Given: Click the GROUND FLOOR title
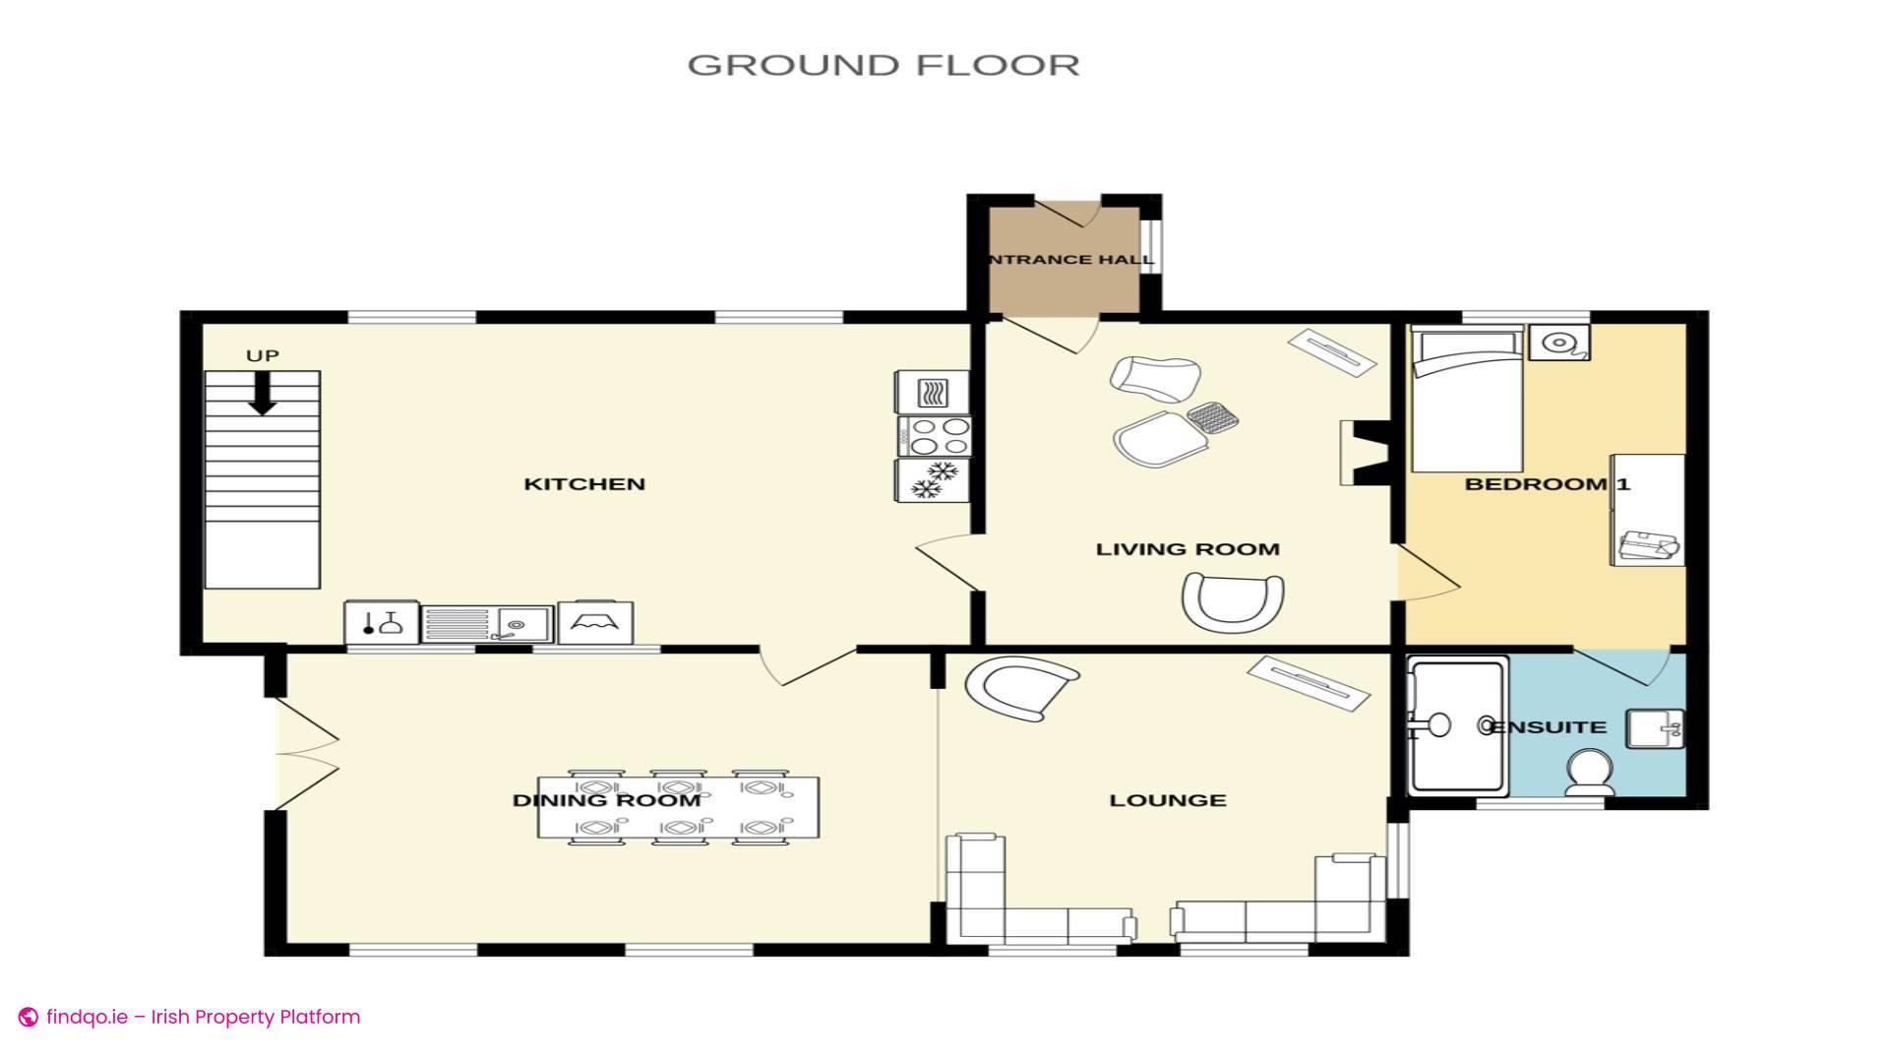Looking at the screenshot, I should click(883, 65).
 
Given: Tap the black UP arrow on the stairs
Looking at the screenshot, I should click(262, 393).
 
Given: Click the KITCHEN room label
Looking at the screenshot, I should click(584, 483).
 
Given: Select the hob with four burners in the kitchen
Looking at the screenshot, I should click(934, 436).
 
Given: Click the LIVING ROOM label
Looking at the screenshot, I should click(1188, 549).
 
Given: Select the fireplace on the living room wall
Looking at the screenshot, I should click(1366, 453).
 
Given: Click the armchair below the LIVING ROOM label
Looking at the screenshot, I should click(1233, 600).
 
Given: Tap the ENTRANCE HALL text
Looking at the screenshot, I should click(1070, 260).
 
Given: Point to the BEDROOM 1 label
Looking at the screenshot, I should click(1547, 483).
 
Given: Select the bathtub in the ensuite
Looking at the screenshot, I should click(1458, 726).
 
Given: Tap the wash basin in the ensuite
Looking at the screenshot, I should click(1655, 729).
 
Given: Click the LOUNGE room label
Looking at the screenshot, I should click(1168, 800).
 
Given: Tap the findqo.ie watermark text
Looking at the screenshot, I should click(202, 1017).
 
